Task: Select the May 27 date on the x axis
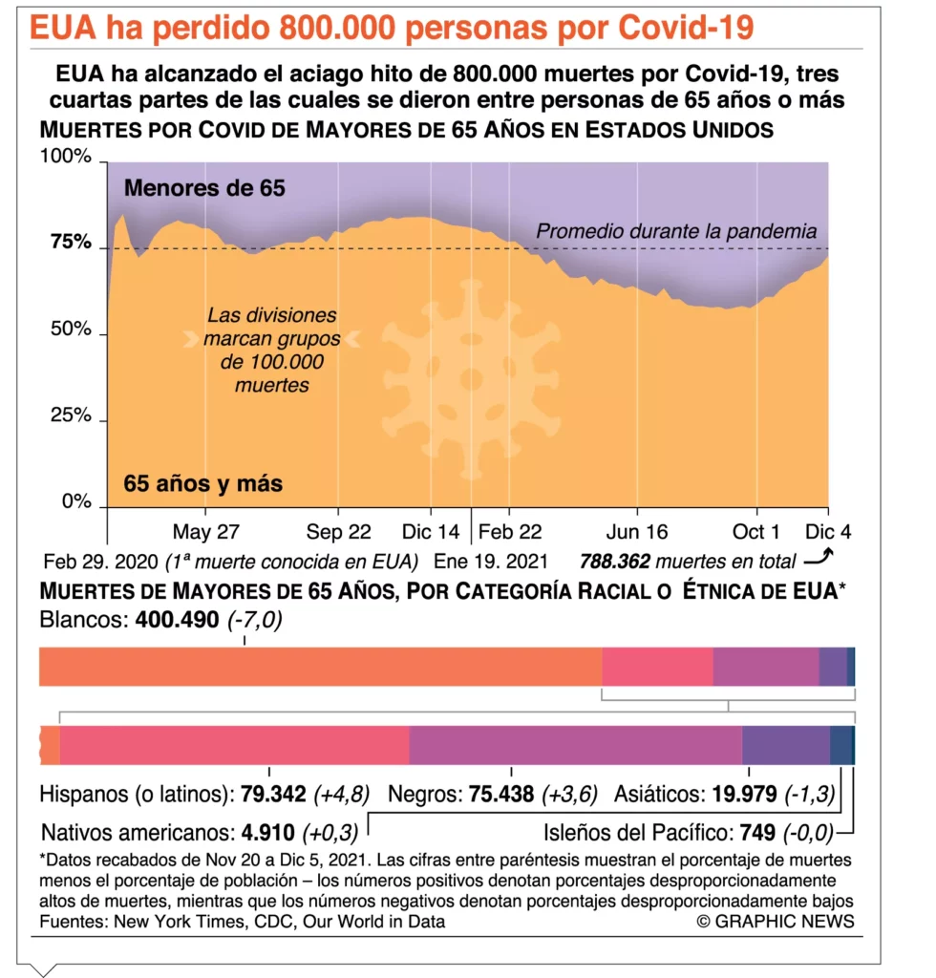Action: click(x=205, y=532)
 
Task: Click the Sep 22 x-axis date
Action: click(x=339, y=532)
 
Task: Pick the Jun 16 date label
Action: click(x=638, y=532)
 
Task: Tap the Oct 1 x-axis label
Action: click(x=755, y=532)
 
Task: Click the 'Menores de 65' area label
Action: click(x=204, y=188)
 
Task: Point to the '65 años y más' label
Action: click(x=203, y=483)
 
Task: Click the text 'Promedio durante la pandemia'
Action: click(x=676, y=231)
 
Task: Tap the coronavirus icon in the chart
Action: click(x=470, y=378)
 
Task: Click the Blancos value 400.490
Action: click(x=178, y=621)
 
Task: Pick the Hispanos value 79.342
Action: click(x=273, y=794)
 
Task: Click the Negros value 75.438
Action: click(x=502, y=794)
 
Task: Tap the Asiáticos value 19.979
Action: click(x=743, y=794)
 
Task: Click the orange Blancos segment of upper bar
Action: click(x=320, y=667)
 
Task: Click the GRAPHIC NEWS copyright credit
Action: click(x=776, y=921)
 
